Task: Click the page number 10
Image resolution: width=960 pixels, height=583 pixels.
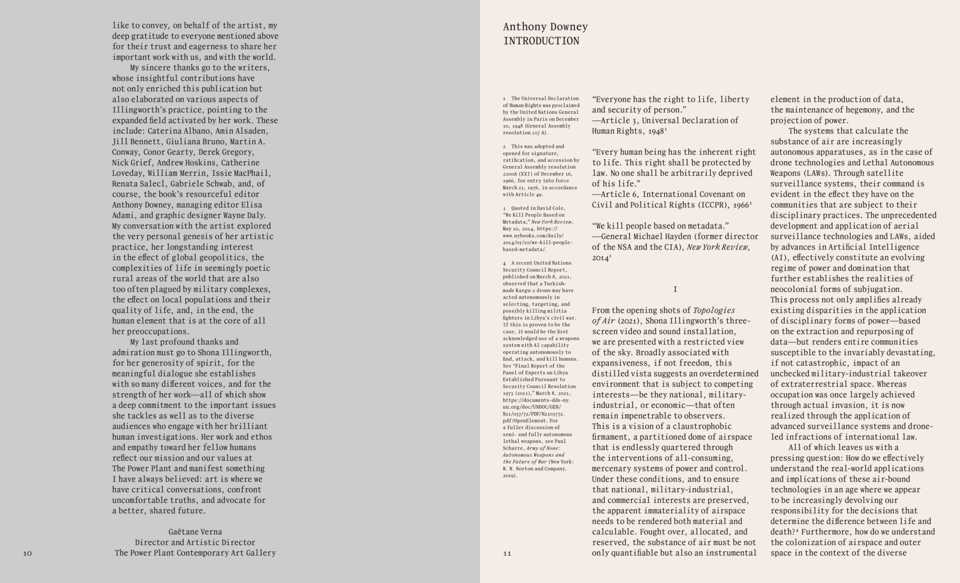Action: (27, 553)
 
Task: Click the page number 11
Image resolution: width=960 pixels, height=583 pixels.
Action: (507, 553)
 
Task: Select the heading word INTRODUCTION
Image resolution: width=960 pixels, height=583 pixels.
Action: (541, 41)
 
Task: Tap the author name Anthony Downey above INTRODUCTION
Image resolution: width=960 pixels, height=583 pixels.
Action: (545, 26)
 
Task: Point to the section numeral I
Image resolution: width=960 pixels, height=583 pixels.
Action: (675, 289)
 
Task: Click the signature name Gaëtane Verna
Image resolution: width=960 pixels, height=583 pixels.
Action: (195, 532)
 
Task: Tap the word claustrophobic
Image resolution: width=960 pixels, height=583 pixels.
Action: (701, 426)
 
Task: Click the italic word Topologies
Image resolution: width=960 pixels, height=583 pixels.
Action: (714, 310)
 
